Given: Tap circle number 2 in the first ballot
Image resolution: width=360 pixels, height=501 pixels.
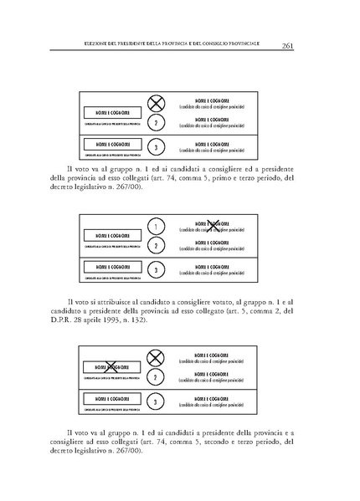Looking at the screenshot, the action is click(155, 123).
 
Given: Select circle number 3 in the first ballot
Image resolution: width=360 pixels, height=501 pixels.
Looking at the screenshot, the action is click(155, 147).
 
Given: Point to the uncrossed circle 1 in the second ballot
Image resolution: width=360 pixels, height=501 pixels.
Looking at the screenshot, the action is click(155, 227).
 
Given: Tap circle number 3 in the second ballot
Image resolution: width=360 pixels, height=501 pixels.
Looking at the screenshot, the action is click(155, 271).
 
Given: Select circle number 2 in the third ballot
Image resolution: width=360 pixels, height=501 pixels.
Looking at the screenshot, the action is click(155, 378).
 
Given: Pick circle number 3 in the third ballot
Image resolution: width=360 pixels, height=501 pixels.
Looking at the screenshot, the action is click(155, 402).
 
